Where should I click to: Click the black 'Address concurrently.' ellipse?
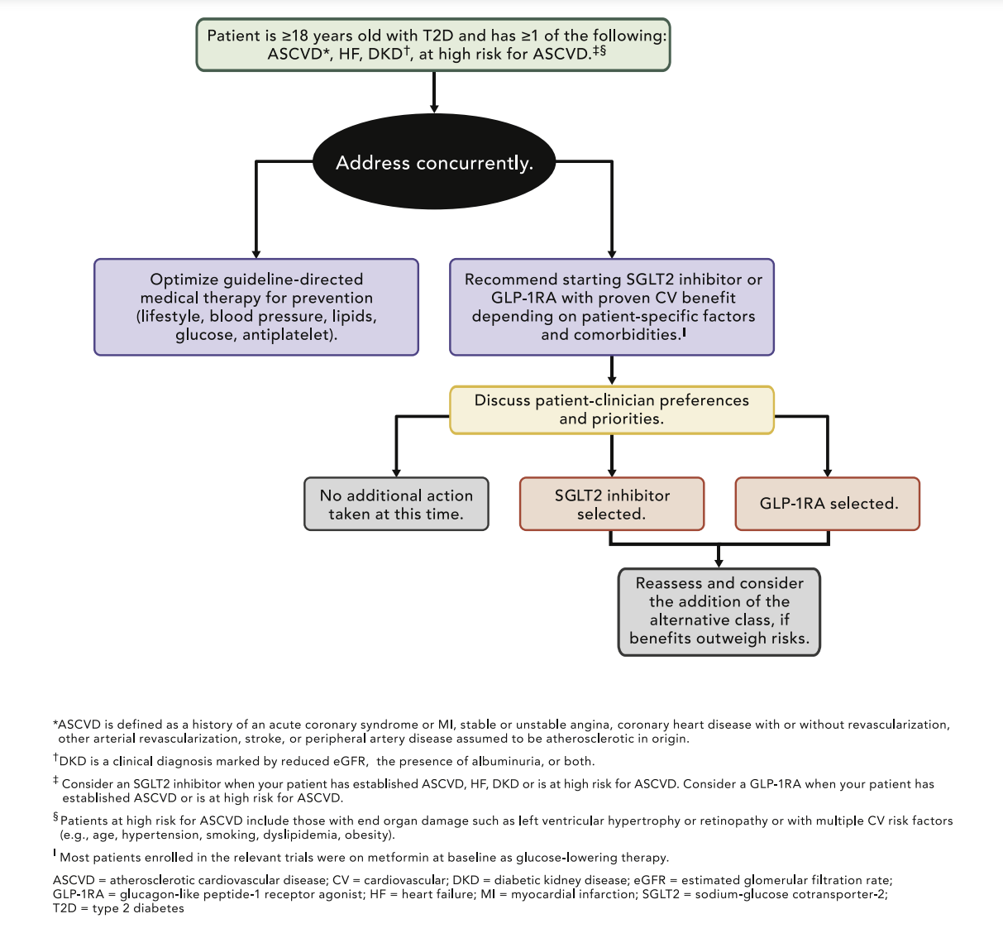(x=434, y=162)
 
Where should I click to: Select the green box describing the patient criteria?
(x=433, y=45)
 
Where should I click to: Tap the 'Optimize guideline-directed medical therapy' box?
(x=256, y=307)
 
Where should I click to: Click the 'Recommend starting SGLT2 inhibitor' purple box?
(x=612, y=307)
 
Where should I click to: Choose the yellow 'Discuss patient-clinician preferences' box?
(x=612, y=409)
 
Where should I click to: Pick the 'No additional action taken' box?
(x=396, y=504)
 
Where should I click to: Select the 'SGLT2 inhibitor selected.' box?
(x=612, y=504)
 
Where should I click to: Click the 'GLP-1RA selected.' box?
(x=828, y=504)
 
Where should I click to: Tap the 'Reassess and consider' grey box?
(x=719, y=611)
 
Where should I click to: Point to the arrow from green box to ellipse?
(x=434, y=91)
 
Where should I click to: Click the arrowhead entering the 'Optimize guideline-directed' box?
(x=256, y=253)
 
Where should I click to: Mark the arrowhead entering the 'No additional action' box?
(x=397, y=471)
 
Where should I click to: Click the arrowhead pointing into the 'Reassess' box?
(x=719, y=562)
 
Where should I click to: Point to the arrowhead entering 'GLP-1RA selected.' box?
(x=828, y=471)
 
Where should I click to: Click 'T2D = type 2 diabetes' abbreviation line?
(x=118, y=908)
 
